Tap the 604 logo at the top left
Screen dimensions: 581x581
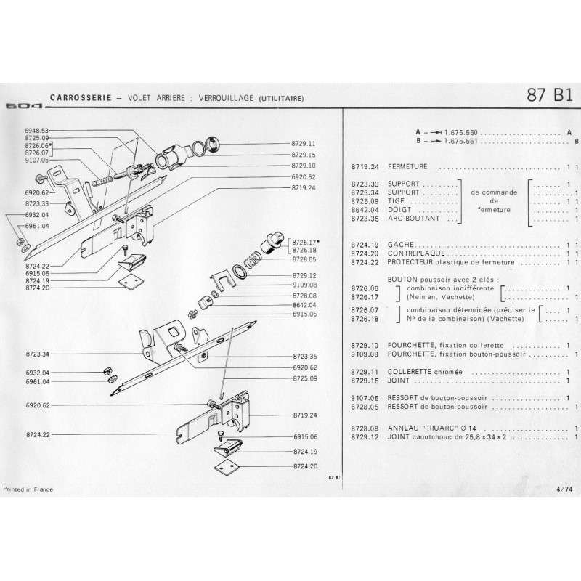pyautogui.click(x=23, y=106)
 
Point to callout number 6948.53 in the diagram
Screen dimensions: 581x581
pyautogui.click(x=36, y=130)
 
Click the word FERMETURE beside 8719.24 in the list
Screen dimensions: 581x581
pyautogui.click(x=407, y=166)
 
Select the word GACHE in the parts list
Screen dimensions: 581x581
pyautogui.click(x=400, y=245)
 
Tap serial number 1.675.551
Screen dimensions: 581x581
pyautogui.click(x=464, y=142)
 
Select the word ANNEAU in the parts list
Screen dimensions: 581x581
pyautogui.click(x=402, y=428)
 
